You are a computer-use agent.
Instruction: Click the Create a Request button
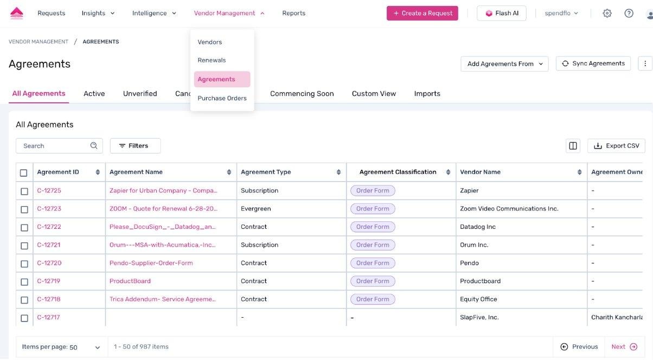422,14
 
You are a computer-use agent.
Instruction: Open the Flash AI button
501,14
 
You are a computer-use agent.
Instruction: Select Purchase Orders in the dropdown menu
222,98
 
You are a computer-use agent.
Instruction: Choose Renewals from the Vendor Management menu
212,60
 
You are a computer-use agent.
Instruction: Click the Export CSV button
616,146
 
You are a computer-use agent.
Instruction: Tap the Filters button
135,146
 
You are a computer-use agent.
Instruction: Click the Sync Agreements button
593,63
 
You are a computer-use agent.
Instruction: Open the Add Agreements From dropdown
504,64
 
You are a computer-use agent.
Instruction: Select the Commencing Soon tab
302,94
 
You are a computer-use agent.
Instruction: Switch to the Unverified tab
140,94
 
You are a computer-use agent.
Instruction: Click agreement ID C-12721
49,245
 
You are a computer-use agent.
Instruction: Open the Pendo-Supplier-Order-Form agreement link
151,263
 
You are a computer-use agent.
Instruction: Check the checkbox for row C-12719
24,282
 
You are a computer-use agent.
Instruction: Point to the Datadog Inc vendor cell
478,227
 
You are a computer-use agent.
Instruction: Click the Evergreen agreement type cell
256,209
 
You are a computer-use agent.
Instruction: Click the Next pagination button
624,347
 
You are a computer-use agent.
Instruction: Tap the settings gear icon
607,14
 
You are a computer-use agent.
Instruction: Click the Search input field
54,146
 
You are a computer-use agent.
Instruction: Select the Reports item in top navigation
293,14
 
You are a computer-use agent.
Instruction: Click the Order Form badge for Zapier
373,191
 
